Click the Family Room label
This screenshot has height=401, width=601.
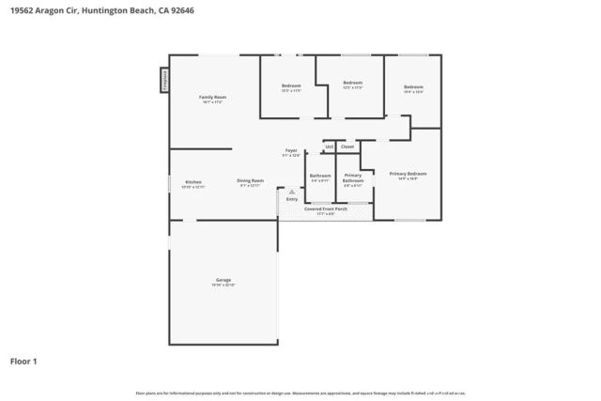[x=213, y=97]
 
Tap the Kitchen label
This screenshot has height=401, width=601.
[x=193, y=182]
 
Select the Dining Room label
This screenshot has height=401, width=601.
[x=250, y=180]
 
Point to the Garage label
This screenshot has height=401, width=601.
[x=223, y=280]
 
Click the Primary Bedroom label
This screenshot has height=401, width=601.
[x=408, y=174]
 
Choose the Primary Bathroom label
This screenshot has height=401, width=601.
[x=353, y=177]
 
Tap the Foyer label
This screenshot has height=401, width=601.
[x=292, y=150]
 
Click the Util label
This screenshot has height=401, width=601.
[x=329, y=147]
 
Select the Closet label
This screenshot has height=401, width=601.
[x=347, y=147]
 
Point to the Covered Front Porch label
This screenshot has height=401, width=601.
[x=326, y=208]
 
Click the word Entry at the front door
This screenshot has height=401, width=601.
[x=292, y=199]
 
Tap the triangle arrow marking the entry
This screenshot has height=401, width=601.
[x=292, y=192]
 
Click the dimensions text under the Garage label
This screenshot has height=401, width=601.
[x=223, y=285]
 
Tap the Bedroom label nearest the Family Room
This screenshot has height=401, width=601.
[x=291, y=86]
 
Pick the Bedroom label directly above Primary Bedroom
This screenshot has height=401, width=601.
[x=413, y=86]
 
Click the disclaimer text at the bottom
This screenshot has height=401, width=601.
[x=300, y=393]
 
